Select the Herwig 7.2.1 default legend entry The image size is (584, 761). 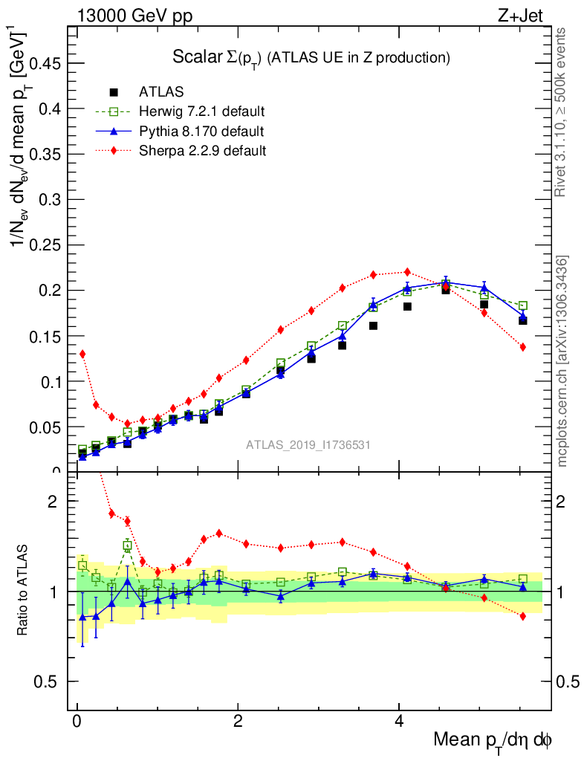[x=201, y=112]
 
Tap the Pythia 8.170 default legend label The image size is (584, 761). [x=201, y=132]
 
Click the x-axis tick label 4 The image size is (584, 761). [x=399, y=722]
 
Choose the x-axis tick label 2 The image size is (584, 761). [x=238, y=722]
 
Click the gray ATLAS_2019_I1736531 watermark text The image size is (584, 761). [x=308, y=445]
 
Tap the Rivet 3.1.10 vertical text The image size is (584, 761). [x=562, y=111]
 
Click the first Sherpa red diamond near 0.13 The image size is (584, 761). [x=82, y=354]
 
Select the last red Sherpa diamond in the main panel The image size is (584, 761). [x=523, y=347]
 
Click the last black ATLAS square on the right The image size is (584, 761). [x=523, y=320]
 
